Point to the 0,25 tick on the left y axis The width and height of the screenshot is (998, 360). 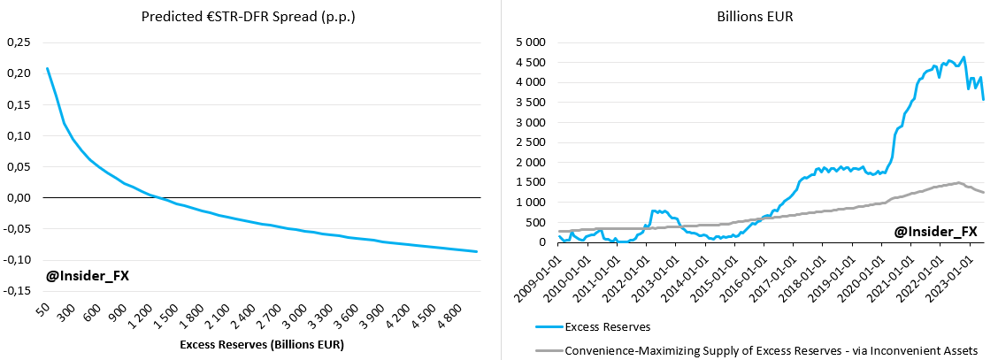coord(19,42)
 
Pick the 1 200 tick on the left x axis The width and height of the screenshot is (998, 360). coord(145,312)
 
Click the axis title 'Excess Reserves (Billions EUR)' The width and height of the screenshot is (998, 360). coord(261,343)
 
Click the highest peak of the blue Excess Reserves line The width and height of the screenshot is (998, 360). coord(963,57)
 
